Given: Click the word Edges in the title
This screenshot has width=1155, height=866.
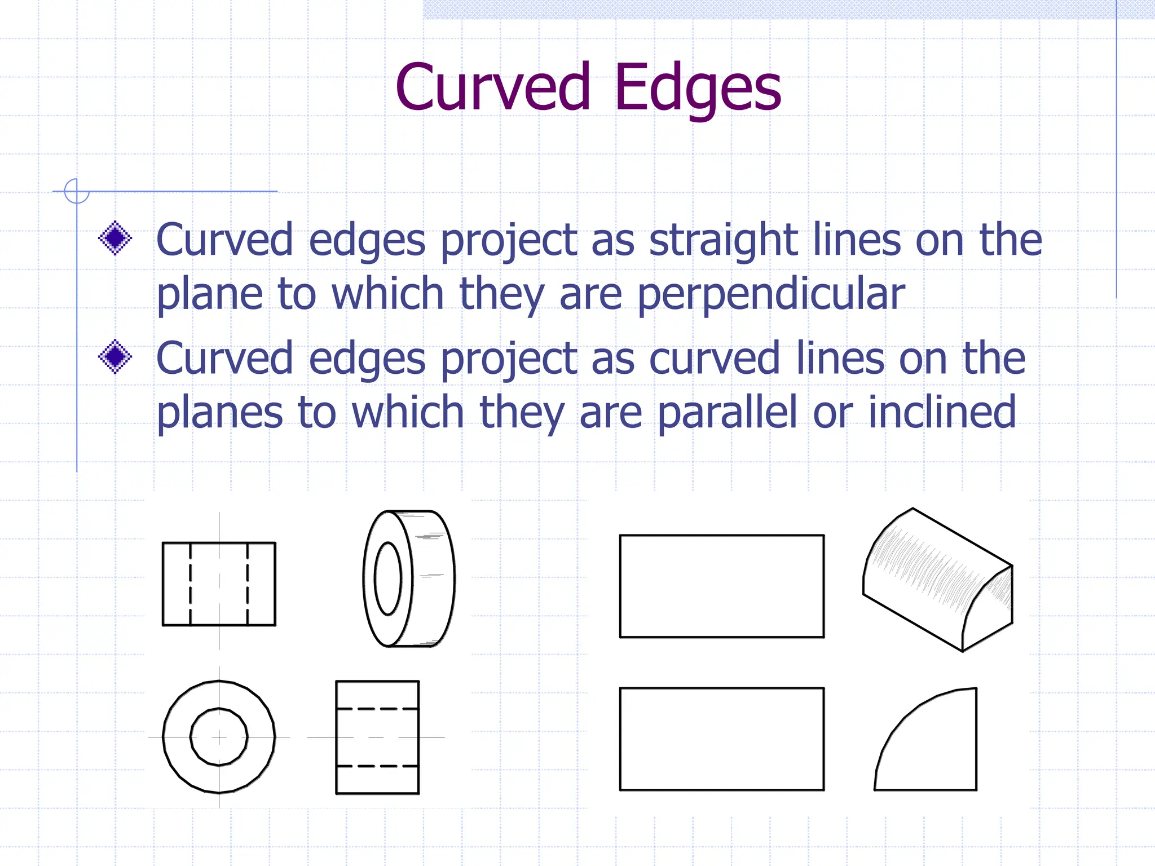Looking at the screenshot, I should tap(698, 88).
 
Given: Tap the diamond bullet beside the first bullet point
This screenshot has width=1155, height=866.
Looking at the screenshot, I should tap(115, 238).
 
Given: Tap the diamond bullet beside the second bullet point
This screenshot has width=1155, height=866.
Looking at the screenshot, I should tap(115, 356).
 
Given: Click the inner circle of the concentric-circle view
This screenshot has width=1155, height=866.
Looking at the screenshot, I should tap(219, 736).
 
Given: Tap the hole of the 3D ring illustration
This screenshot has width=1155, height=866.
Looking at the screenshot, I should tap(387, 578).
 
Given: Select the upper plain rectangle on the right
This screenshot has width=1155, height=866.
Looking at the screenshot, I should tap(721, 586).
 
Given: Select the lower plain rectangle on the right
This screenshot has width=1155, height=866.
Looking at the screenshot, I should tap(721, 739).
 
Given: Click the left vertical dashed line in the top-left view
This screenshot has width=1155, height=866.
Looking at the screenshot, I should tap(191, 584).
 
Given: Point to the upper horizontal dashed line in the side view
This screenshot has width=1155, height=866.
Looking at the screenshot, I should tap(377, 708).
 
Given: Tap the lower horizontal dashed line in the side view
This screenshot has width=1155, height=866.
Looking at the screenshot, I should tap(377, 766).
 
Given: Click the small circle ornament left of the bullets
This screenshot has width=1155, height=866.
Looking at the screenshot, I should tap(76, 191).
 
